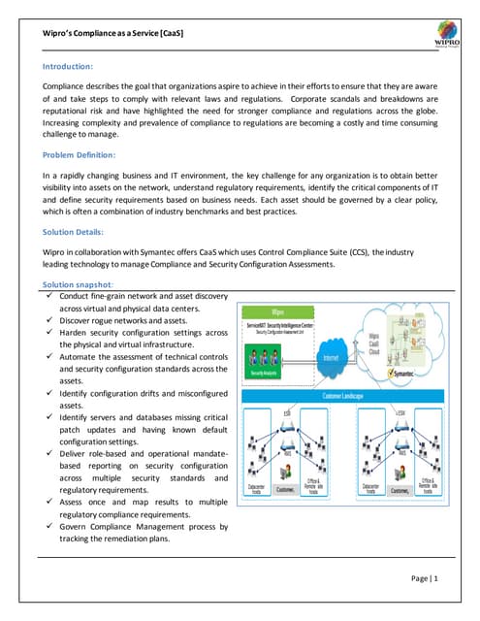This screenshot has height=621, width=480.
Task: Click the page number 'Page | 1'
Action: coord(423,579)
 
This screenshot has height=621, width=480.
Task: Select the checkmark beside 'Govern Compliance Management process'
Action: coord(48,527)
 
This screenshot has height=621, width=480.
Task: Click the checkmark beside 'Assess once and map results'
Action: coord(48,503)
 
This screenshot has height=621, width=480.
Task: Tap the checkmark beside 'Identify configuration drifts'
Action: coord(48,394)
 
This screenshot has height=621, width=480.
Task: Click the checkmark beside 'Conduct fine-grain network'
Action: coord(48,295)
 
